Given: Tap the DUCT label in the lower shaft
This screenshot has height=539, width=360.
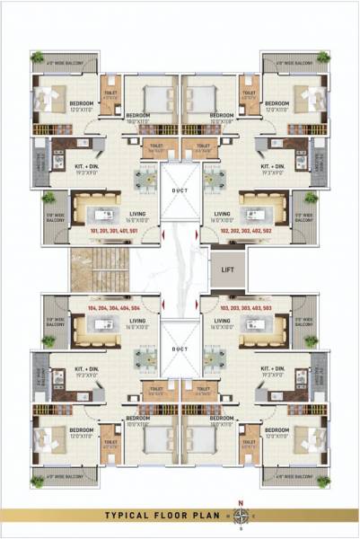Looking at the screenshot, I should [x=180, y=348].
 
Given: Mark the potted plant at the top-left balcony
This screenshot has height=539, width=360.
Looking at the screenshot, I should [x=38, y=57].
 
